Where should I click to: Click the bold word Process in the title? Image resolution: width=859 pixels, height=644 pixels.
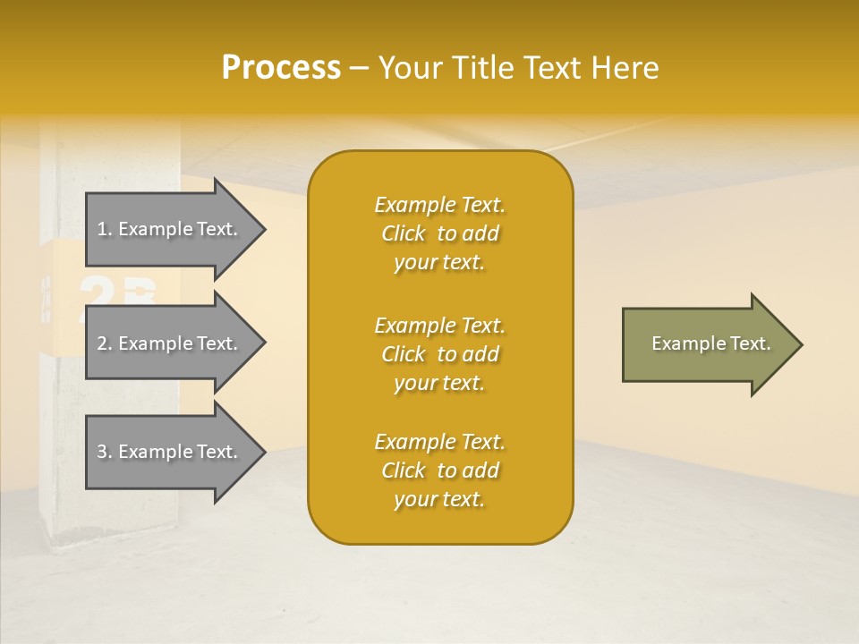281,68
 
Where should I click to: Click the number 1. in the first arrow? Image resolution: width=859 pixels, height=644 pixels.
105,229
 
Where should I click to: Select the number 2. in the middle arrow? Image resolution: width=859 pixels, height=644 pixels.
105,343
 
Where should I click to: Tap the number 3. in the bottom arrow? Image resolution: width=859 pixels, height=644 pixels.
105,452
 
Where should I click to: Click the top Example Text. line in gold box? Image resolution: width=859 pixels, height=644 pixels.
439,205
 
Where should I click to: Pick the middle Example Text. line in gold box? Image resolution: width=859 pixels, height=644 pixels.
439,325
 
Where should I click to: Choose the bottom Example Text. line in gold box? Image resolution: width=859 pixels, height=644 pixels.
439,442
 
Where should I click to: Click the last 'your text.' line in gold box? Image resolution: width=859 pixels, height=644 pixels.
439,499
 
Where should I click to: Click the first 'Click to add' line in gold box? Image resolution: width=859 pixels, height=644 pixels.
439,233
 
